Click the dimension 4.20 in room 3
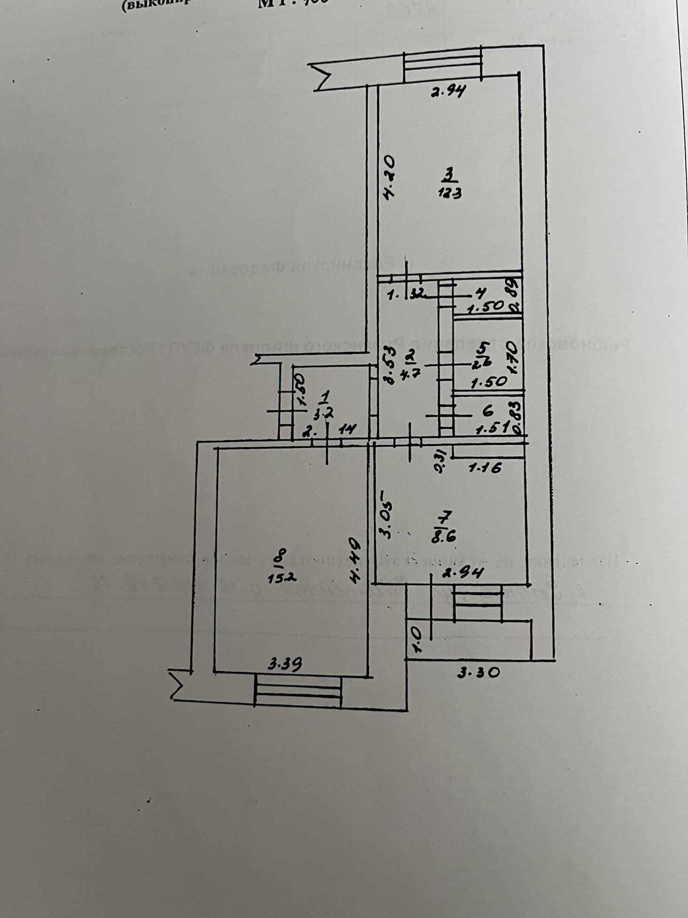pyautogui.click(x=390, y=179)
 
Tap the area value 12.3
pyautogui.click(x=450, y=193)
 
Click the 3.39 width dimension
pyautogui.click(x=285, y=664)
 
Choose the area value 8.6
pyautogui.click(x=444, y=536)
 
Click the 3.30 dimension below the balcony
pyautogui.click(x=478, y=673)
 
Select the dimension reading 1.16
pyautogui.click(x=485, y=467)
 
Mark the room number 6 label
pyautogui.click(x=487, y=411)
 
